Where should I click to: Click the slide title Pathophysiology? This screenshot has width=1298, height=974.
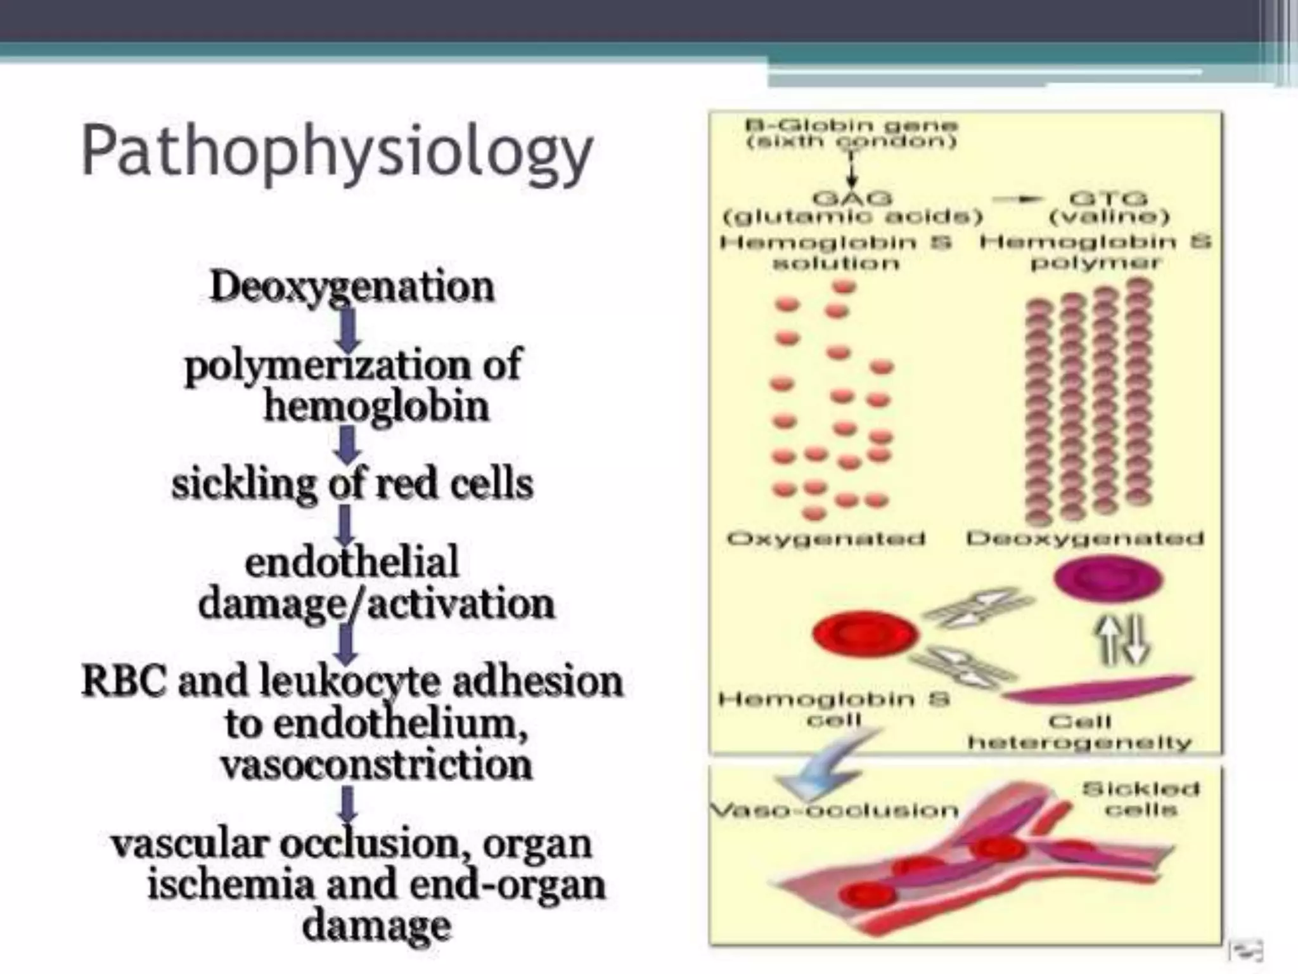337,153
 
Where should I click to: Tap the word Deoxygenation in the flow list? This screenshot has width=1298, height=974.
352,287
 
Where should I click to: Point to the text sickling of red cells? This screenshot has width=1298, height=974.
352,484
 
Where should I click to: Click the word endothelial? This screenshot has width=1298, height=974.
352,562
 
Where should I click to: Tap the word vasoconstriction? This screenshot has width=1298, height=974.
376,764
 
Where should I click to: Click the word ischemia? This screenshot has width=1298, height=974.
230,884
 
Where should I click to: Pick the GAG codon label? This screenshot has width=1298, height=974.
852,198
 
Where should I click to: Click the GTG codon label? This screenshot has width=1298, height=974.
1108,198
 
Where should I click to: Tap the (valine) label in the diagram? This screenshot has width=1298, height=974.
1108,217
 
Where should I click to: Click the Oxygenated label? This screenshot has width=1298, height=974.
826,539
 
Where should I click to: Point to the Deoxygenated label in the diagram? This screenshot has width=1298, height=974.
1084,539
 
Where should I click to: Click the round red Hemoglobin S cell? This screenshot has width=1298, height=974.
864,633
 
